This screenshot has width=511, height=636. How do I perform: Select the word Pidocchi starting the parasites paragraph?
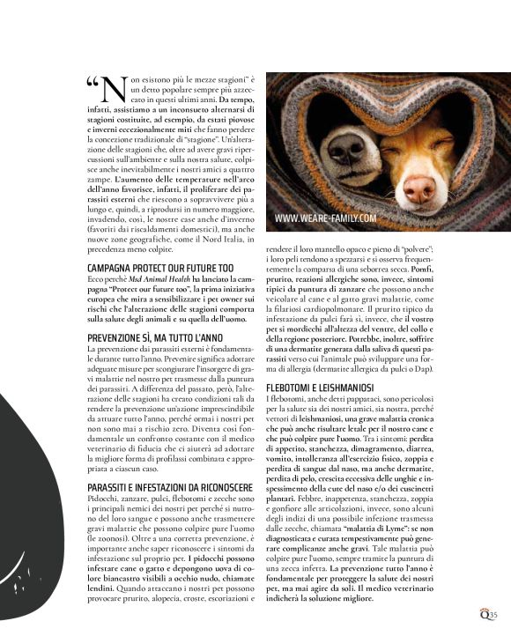103,499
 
